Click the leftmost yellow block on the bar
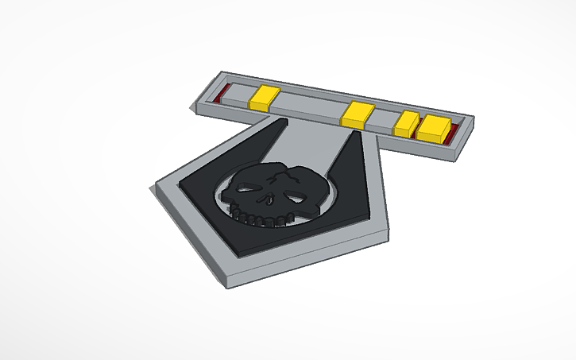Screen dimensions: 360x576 point(263,98)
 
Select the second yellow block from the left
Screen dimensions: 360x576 point(358,115)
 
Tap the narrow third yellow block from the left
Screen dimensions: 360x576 point(406,124)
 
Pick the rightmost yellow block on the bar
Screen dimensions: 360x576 point(435,128)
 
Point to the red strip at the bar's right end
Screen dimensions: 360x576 point(454,131)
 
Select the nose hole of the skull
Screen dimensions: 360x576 point(269,199)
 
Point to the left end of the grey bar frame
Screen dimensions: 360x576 point(195,102)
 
